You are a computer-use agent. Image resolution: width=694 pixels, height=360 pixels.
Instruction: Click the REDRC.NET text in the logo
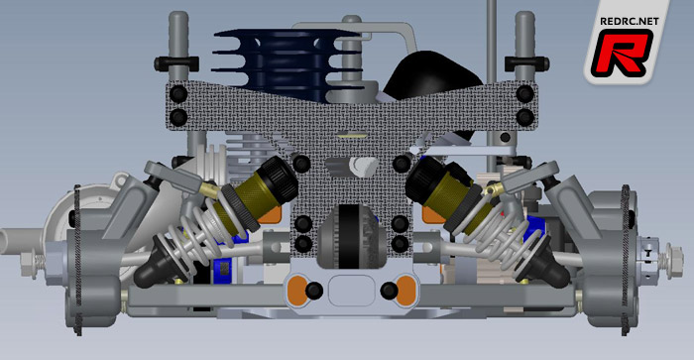[629, 21]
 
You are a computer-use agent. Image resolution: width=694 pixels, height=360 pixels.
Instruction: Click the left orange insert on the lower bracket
[297, 290]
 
